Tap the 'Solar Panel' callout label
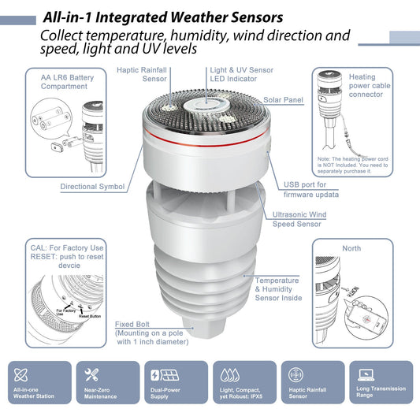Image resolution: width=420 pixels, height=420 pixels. (283, 100)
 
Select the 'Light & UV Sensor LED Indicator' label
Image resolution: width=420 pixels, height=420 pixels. (241, 74)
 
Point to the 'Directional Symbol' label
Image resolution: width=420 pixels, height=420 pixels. (92, 187)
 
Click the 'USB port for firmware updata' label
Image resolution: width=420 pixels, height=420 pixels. (311, 189)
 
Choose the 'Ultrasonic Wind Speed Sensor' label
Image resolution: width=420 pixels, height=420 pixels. (296, 218)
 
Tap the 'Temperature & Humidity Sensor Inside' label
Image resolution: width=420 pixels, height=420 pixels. (277, 289)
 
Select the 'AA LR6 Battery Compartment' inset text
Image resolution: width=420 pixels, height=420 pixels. (64, 82)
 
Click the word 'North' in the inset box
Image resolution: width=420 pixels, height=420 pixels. (351, 248)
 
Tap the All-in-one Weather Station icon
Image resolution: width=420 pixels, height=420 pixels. (23, 374)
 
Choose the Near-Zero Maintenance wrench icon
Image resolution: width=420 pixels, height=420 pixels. (91, 374)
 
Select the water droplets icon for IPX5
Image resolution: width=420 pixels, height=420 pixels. (229, 374)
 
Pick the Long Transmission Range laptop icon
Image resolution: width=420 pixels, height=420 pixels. (365, 374)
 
